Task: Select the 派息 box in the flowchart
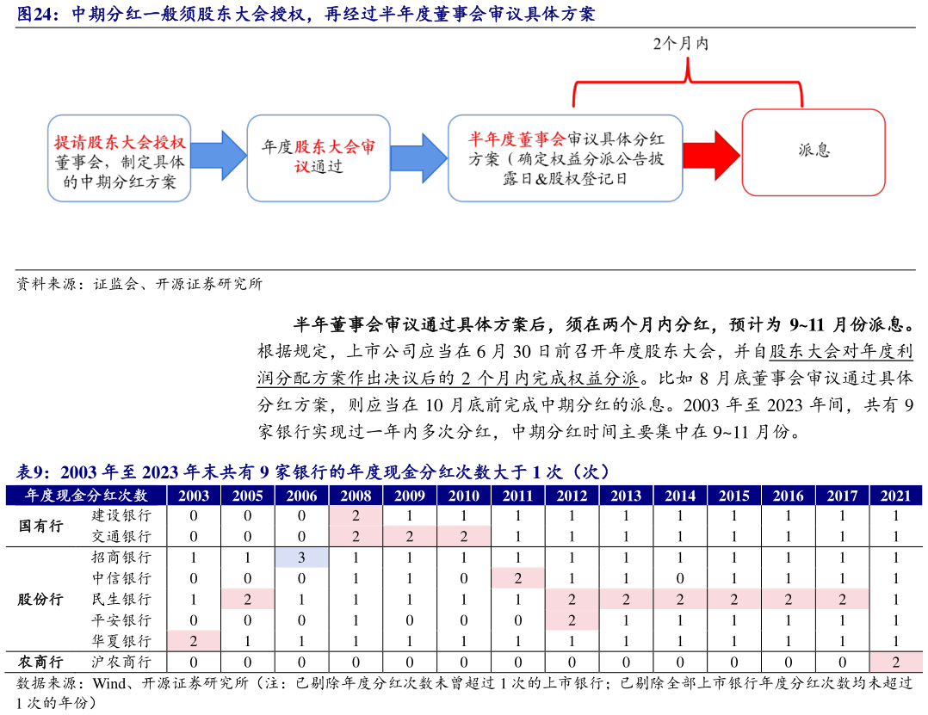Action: [814, 151]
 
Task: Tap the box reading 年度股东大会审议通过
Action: [319, 157]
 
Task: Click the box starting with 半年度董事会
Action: [566, 157]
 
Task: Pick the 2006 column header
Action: [302, 496]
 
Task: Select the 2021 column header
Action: [895, 496]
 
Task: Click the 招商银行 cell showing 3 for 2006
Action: [302, 558]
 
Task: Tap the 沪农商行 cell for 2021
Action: [895, 662]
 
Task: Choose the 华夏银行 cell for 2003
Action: [194, 640]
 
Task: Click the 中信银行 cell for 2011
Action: [517, 578]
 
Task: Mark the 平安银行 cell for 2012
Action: [572, 619]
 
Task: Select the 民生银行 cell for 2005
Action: [248, 599]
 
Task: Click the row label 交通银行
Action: [121, 536]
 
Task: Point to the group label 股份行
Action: [40, 599]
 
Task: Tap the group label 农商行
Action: [40, 662]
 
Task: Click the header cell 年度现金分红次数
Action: [86, 496]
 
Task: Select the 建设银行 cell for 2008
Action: [356, 515]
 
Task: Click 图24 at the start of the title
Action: [37, 15]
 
